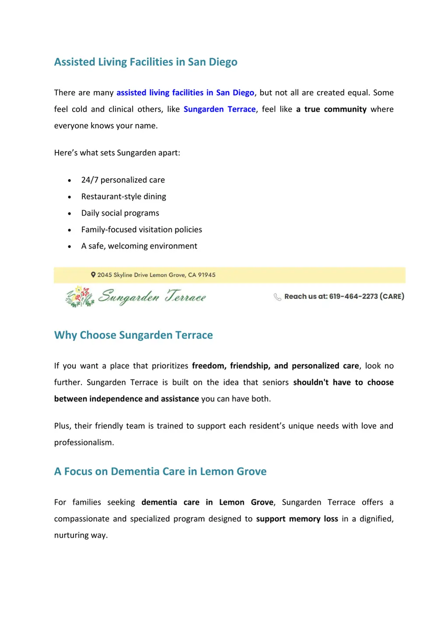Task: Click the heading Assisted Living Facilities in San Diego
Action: (x=146, y=62)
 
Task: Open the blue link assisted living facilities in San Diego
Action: (x=185, y=93)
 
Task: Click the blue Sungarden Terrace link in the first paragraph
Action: (x=219, y=109)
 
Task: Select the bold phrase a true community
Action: (x=331, y=109)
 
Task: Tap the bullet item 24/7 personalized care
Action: (x=123, y=180)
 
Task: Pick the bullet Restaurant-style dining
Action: (x=123, y=197)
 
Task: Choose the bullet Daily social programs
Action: (x=120, y=213)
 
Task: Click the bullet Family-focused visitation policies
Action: (x=141, y=230)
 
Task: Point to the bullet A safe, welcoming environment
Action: (x=139, y=246)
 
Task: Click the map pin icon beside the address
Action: (x=93, y=275)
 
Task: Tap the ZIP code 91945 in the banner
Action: (x=206, y=275)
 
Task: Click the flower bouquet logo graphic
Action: (x=80, y=297)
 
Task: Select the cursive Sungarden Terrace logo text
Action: (x=152, y=297)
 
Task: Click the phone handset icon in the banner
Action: (x=277, y=297)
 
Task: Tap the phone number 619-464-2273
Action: (x=353, y=296)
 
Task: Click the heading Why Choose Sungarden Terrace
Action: (x=133, y=335)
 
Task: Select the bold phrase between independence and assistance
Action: (x=126, y=399)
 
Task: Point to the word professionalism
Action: (x=84, y=443)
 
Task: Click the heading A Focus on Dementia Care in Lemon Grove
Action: (x=160, y=472)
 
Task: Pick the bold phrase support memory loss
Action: (x=297, y=519)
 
